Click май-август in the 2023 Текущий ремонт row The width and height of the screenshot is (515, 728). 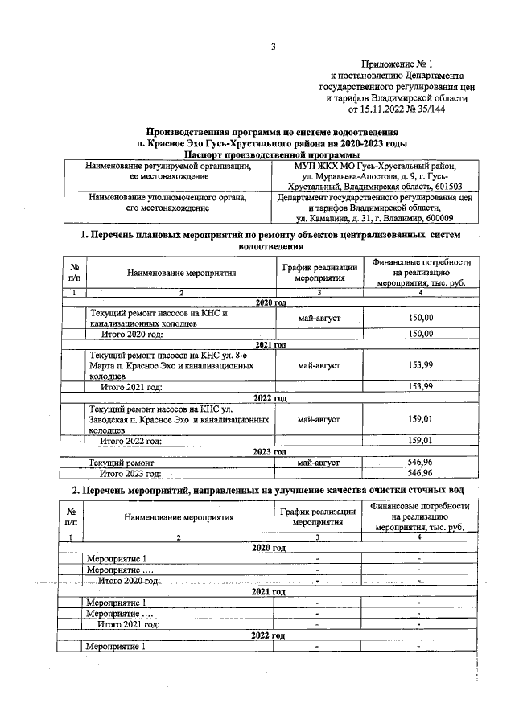319,463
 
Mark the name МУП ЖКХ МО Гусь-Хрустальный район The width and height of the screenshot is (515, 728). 375,165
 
